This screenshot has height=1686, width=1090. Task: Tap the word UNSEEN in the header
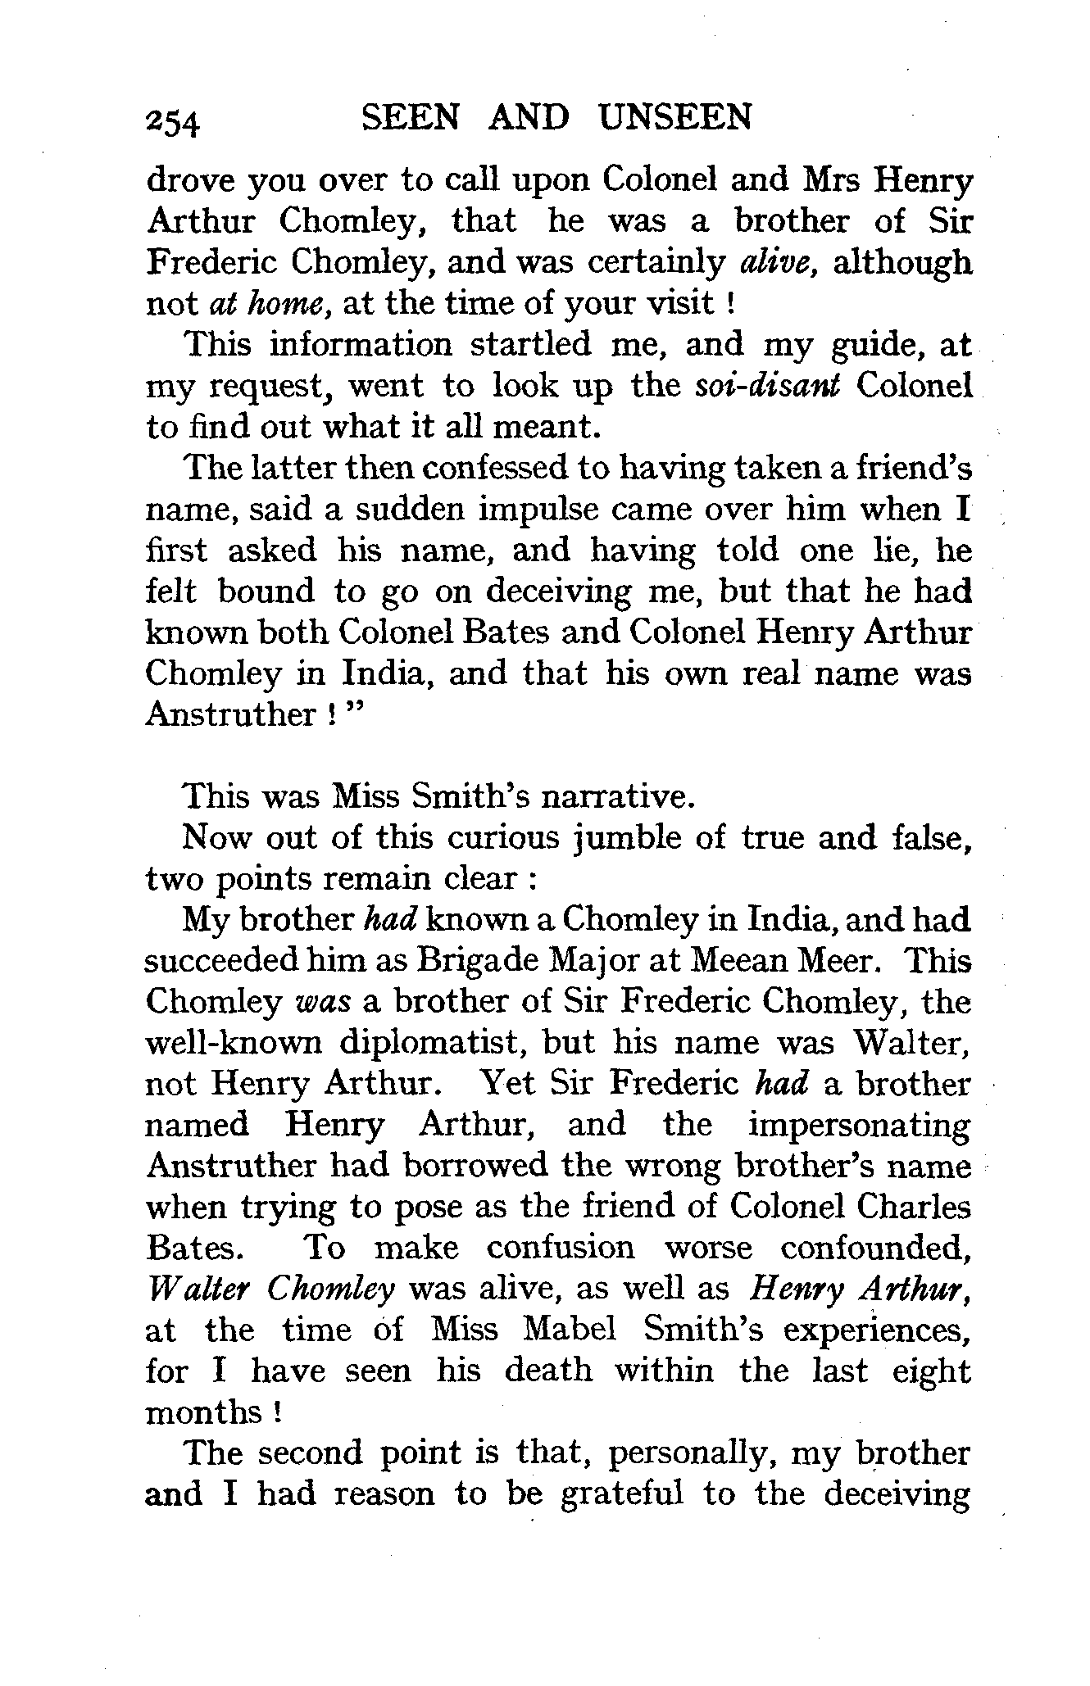click(674, 118)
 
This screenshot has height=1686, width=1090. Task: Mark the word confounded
click(875, 1248)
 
